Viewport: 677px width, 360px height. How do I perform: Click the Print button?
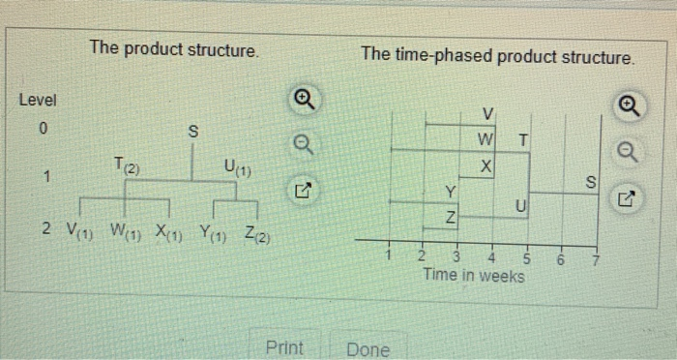click(284, 348)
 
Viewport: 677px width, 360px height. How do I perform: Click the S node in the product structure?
click(192, 130)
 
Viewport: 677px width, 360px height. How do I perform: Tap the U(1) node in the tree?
click(236, 170)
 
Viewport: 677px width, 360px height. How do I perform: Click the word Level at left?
click(38, 100)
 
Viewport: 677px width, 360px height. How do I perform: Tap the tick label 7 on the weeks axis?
click(597, 258)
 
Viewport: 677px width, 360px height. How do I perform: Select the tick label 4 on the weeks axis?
click(492, 258)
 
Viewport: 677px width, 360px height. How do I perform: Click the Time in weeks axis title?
click(474, 276)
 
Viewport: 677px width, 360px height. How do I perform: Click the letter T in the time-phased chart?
click(522, 139)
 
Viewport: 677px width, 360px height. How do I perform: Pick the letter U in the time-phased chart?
click(520, 205)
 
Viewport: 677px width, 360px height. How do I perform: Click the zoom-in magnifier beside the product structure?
click(304, 100)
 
